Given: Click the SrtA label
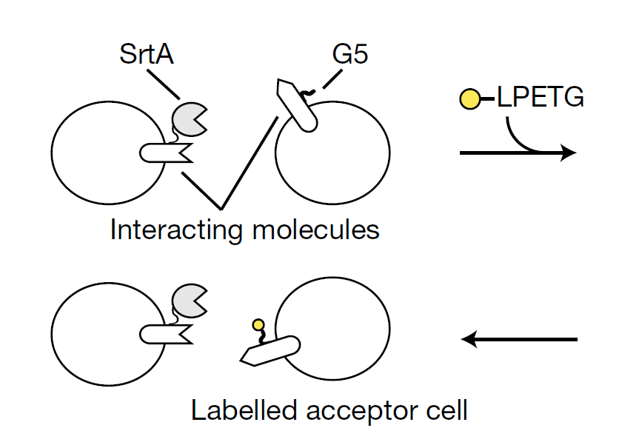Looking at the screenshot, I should pyautogui.click(x=147, y=55).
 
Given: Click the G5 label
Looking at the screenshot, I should pyautogui.click(x=350, y=55).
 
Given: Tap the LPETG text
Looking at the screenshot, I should pyautogui.click(x=541, y=98).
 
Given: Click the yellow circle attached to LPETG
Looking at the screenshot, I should pyautogui.click(x=471, y=98).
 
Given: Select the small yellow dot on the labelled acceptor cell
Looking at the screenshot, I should pyautogui.click(x=258, y=324).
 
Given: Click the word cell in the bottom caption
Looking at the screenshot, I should pyautogui.click(x=447, y=409).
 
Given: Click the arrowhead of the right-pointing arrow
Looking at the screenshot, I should pyautogui.click(x=569, y=153).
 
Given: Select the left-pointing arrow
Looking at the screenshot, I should pyautogui.click(x=518, y=340).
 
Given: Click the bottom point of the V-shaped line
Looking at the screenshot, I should pyautogui.click(x=220, y=207).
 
